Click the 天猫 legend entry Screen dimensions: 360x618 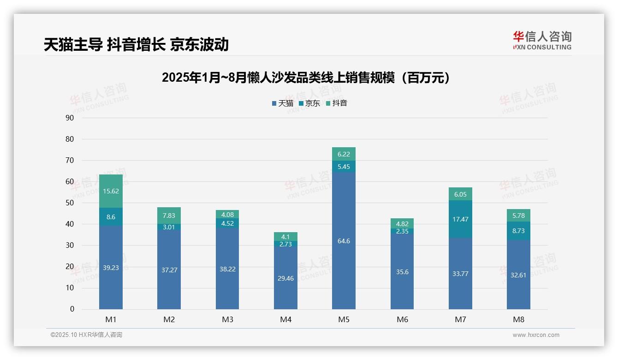[283, 103]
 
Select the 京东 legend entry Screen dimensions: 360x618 [309, 103]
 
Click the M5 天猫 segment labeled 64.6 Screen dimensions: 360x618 [344, 241]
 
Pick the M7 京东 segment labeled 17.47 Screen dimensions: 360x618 [460, 219]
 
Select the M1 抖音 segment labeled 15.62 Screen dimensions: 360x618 [111, 191]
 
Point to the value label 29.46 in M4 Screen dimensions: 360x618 [285, 279]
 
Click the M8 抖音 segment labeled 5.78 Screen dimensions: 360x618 [518, 216]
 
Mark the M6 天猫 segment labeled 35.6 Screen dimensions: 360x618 [402, 272]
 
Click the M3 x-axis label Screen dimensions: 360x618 [227, 320]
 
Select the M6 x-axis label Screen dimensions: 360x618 [402, 320]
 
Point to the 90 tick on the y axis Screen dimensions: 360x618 [70, 118]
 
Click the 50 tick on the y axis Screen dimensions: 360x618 [70, 203]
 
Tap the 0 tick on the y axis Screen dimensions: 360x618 [72, 309]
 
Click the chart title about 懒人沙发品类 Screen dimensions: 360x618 [306, 78]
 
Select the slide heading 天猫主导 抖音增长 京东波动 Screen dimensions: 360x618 [136, 44]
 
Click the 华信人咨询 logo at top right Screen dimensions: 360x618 [542, 40]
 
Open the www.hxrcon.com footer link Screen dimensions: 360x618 [536, 335]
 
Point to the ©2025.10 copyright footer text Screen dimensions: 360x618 [86, 335]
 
